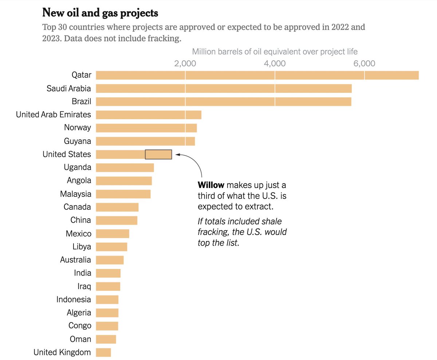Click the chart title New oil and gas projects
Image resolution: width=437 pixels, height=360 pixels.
(x=100, y=13)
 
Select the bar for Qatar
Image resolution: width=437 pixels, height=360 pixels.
(x=257, y=75)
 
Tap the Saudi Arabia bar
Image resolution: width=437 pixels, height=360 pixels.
(x=224, y=89)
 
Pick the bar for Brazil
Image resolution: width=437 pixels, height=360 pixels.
(x=223, y=102)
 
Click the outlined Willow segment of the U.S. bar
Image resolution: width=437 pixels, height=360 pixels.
(x=158, y=154)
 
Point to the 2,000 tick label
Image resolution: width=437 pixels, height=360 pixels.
(x=185, y=63)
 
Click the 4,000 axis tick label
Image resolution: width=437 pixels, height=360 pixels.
(x=275, y=63)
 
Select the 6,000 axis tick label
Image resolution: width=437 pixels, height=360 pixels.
(x=364, y=63)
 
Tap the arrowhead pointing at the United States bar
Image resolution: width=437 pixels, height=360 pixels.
(x=178, y=154)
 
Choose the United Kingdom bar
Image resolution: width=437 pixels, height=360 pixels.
(x=103, y=352)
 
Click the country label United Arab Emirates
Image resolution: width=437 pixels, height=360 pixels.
(x=54, y=115)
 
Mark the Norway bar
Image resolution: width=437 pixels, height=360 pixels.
(x=146, y=128)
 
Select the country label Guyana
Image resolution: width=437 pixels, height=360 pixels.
(x=78, y=141)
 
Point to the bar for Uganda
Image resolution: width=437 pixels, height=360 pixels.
(x=125, y=168)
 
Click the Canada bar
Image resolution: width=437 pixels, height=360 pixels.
(x=117, y=207)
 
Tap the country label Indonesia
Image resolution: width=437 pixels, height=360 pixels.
(x=74, y=300)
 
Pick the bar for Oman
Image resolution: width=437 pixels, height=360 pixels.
(x=106, y=339)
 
